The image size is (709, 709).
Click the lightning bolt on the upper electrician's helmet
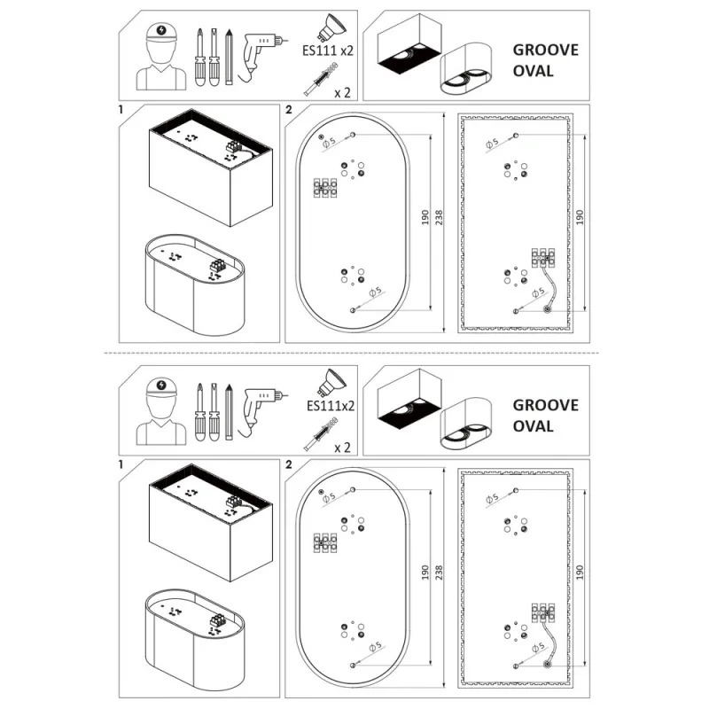pyautogui.click(x=161, y=30)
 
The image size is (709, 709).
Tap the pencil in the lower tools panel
pyautogui.click(x=229, y=412)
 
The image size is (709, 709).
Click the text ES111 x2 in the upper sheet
pyautogui.click(x=327, y=51)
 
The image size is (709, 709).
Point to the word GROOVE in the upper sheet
pyautogui.click(x=545, y=50)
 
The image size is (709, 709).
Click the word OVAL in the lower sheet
pyautogui.click(x=533, y=426)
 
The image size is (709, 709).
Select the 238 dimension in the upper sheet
pyautogui.click(x=438, y=217)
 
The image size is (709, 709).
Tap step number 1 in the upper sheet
pyautogui.click(x=121, y=109)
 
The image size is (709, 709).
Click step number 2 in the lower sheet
pyautogui.click(x=289, y=464)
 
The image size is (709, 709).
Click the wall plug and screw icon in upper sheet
pyautogui.click(x=321, y=80)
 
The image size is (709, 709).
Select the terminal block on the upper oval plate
pyautogui.click(x=325, y=188)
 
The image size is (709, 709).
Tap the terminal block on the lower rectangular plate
pyautogui.click(x=543, y=612)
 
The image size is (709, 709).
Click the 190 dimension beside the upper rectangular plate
pyautogui.click(x=580, y=217)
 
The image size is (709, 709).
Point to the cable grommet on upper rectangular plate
pyautogui.click(x=548, y=310)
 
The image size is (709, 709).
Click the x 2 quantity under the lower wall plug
pyautogui.click(x=342, y=448)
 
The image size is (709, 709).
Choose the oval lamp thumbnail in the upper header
pyautogui.click(x=466, y=69)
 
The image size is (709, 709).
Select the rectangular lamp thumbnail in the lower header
pyautogui.click(x=409, y=399)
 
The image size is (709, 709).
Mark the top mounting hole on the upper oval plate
pyautogui.click(x=353, y=135)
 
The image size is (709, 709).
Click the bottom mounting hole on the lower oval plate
pyautogui.click(x=353, y=666)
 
